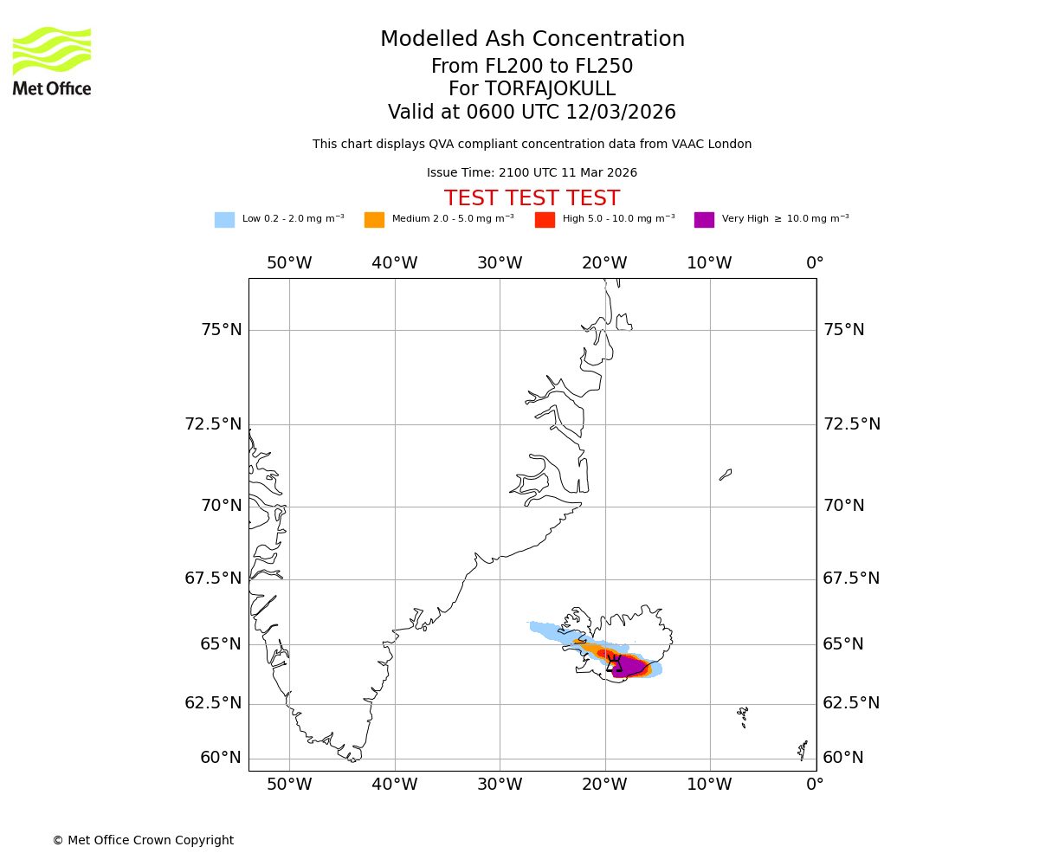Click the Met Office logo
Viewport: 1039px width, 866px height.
tap(52, 61)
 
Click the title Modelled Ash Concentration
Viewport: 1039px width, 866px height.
tap(532, 40)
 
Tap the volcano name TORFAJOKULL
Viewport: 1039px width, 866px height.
tap(532, 89)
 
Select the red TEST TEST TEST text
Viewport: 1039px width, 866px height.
tap(532, 198)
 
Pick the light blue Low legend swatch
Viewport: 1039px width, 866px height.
tap(224, 220)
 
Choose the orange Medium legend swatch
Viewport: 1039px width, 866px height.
tap(374, 220)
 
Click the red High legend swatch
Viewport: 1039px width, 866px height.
tap(545, 220)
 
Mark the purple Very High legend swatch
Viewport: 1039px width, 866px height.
tap(704, 220)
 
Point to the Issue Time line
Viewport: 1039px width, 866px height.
tap(532, 173)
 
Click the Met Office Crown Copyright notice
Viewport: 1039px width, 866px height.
tap(143, 840)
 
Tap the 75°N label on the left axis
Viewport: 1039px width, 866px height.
tap(222, 330)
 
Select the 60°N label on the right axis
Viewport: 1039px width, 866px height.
tap(843, 758)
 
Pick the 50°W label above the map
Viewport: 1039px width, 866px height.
tap(289, 263)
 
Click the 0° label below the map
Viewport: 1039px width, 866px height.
tap(815, 785)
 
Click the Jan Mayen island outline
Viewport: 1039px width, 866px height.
tap(726, 475)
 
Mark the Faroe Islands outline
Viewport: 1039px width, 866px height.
tap(743, 715)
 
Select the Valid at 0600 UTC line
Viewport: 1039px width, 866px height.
tap(532, 113)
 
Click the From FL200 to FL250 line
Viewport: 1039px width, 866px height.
tap(532, 67)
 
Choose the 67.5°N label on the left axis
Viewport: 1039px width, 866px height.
tap(213, 578)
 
